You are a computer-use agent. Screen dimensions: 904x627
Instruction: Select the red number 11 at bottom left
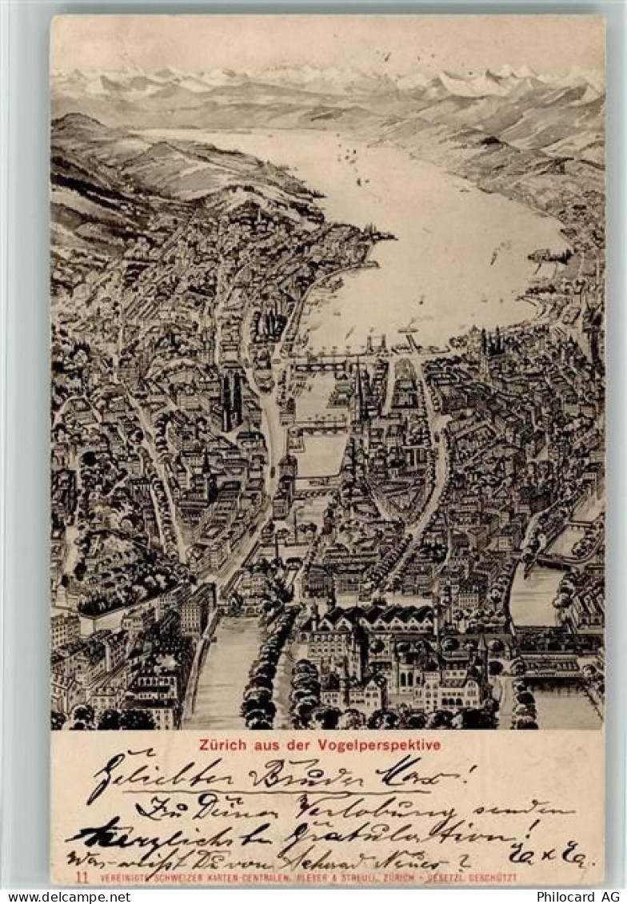pos(81,877)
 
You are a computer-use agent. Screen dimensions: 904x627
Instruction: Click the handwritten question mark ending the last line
pos(463,859)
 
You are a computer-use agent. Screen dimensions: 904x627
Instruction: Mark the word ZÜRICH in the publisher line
pos(406,878)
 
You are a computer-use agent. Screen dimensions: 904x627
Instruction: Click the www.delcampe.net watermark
pos(66,897)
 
